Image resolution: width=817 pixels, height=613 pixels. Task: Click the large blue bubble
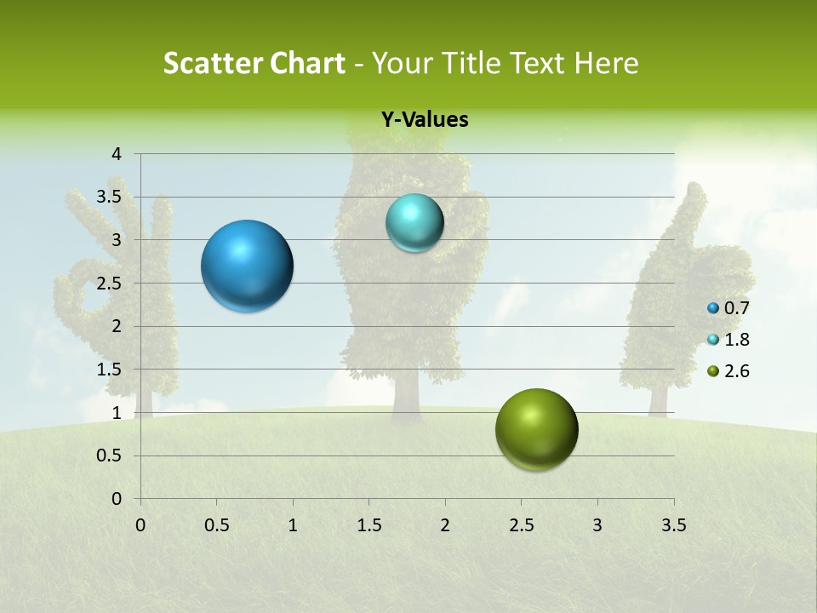[x=247, y=266]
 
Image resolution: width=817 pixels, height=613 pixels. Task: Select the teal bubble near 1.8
[x=414, y=223]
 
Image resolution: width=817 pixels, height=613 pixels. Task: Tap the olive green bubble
[x=536, y=429]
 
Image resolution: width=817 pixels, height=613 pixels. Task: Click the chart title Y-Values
[x=425, y=120]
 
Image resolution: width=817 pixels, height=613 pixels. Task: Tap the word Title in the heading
[x=472, y=63]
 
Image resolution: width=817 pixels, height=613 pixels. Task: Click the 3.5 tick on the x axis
[x=673, y=525]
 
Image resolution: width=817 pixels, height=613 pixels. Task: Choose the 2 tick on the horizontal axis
[x=445, y=525]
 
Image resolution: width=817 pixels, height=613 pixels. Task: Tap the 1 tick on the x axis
[x=294, y=525]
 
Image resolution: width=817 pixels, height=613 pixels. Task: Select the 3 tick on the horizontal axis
[x=597, y=525]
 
